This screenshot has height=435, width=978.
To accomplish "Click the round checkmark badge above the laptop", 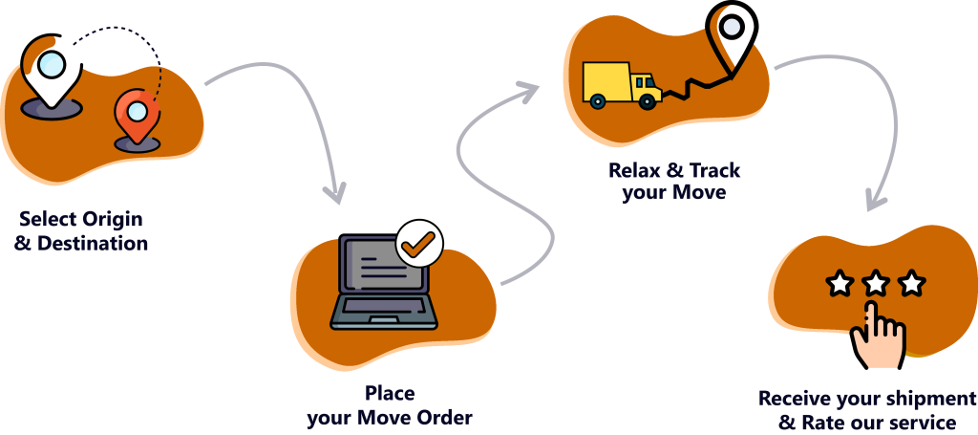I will pyautogui.click(x=418, y=243).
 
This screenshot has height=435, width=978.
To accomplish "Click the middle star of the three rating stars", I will pyautogui.click(x=876, y=283).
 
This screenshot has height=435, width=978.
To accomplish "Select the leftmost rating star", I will pyautogui.click(x=840, y=283).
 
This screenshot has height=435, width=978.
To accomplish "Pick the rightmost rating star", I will pyautogui.click(x=912, y=283).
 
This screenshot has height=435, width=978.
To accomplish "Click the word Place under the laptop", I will pyautogui.click(x=390, y=394).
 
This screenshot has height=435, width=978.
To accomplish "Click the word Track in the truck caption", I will pyautogui.click(x=714, y=171).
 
